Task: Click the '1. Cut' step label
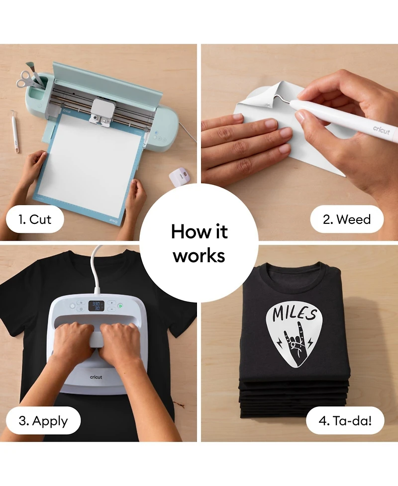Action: coord(35,219)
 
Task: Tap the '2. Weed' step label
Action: coord(347,219)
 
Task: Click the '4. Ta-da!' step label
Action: coord(345,421)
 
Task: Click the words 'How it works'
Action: coord(199,243)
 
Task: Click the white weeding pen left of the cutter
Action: coord(15,132)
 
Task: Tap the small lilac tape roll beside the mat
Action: coord(179,176)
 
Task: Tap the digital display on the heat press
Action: coord(96,305)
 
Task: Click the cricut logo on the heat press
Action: coord(96,377)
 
